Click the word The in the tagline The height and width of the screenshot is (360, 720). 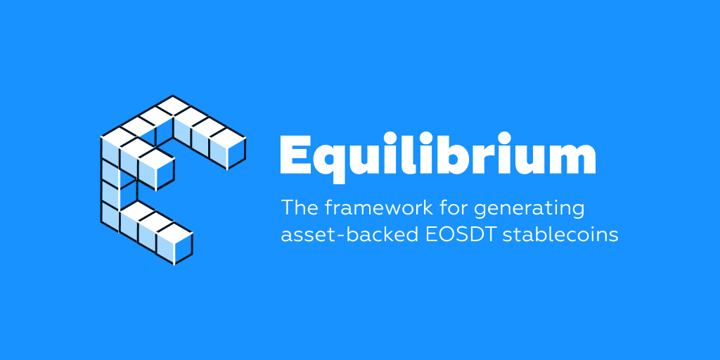[x=299, y=207]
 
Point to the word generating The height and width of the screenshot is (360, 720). [x=528, y=210]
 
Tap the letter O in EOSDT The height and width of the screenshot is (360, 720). [x=445, y=235]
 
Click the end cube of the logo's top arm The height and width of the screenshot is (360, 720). [x=228, y=148]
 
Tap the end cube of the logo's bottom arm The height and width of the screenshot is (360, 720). [x=174, y=243]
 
